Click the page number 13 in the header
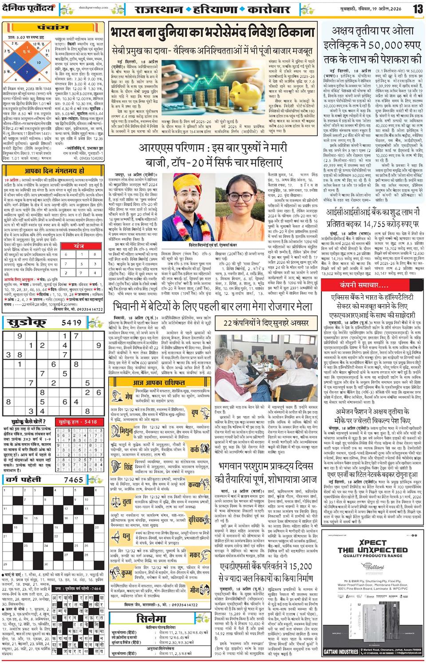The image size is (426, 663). point(418,8)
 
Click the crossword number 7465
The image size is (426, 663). point(73,480)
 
